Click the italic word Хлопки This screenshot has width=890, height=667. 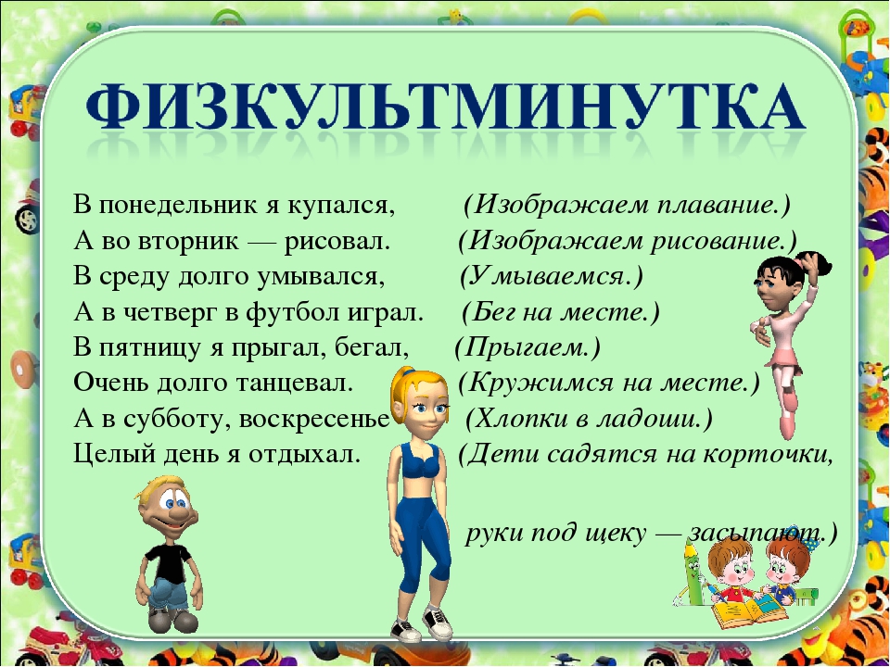click(x=521, y=419)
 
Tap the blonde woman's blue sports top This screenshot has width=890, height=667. click(x=421, y=461)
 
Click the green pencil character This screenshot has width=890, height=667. click(x=693, y=572)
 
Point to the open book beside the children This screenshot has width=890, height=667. click(x=750, y=611)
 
